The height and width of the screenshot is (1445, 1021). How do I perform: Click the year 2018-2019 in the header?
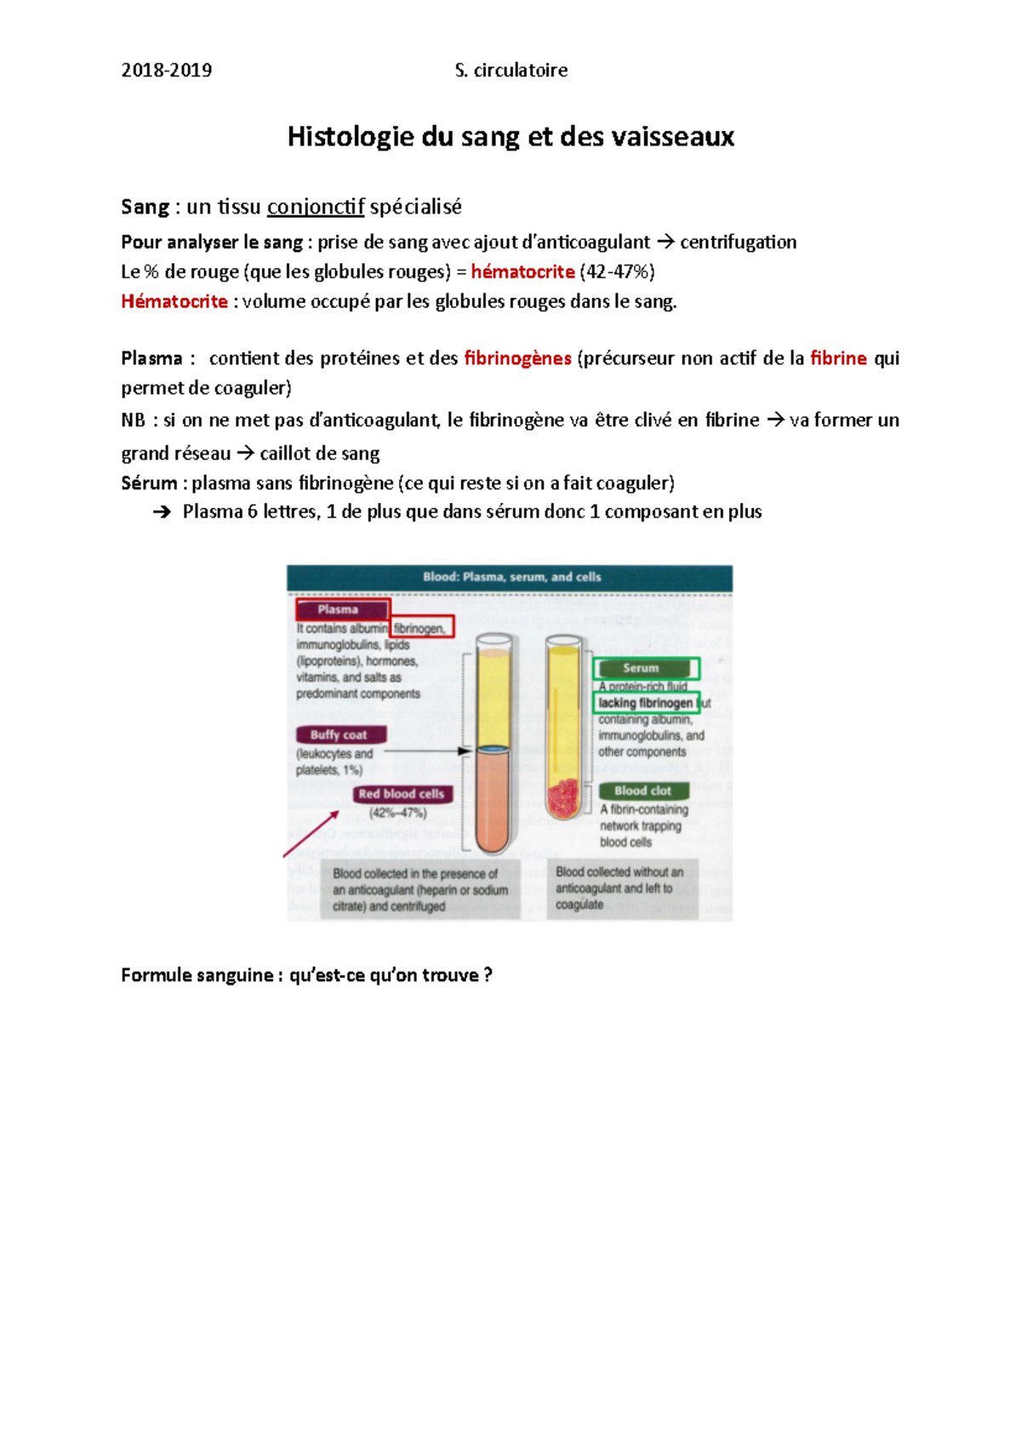pos(166,71)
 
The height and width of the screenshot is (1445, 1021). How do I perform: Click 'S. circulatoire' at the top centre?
pos(511,71)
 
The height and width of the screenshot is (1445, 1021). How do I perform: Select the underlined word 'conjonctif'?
pos(316,207)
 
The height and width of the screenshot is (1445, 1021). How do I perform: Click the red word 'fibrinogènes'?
pos(517,358)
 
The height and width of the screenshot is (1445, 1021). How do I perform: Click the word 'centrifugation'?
pos(738,243)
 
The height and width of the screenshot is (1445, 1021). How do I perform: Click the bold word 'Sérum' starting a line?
pos(149,483)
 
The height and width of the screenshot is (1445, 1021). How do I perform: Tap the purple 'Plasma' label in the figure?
pos(339,609)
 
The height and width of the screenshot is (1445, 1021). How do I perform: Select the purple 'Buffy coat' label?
pos(339,734)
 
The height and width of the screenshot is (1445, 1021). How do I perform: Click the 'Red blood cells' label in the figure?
pos(402,794)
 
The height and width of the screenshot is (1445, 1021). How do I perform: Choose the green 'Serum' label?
pos(642,668)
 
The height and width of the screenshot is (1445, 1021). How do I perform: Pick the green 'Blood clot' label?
pos(642,791)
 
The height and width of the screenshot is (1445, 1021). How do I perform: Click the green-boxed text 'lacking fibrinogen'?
pos(645,703)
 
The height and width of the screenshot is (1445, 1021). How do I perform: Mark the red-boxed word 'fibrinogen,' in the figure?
pos(420,628)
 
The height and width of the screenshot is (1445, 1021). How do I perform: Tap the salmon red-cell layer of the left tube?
pos(493,800)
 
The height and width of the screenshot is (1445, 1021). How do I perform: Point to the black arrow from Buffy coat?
pos(425,751)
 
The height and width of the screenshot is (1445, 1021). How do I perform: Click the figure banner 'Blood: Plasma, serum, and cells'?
pos(511,577)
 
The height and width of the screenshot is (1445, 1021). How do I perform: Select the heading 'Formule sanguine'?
pos(197,975)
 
